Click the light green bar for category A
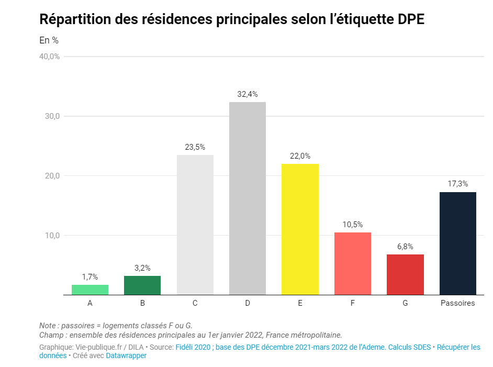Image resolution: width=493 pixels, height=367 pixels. click(90, 290)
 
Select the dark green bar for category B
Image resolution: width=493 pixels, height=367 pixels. click(142, 285)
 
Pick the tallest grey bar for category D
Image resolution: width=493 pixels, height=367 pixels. click(248, 198)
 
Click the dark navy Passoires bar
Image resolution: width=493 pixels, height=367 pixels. click(457, 243)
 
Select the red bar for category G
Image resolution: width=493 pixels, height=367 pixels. click(405, 274)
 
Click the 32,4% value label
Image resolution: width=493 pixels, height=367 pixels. click(248, 94)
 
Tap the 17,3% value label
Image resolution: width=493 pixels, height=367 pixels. click(457, 184)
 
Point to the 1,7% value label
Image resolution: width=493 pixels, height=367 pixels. click(90, 276)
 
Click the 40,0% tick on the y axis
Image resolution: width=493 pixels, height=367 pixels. click(50, 57)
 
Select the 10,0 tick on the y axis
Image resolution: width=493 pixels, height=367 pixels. click(51, 236)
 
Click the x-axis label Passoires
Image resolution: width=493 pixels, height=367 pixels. click(457, 303)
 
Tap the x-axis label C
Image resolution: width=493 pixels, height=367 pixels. click(195, 303)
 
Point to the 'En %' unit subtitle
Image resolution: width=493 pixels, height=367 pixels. click(49, 40)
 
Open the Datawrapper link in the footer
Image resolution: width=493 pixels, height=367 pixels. click(126, 355)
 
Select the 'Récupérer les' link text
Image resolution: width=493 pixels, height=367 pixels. click(458, 347)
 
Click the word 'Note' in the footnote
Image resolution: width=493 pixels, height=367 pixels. click(48, 325)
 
